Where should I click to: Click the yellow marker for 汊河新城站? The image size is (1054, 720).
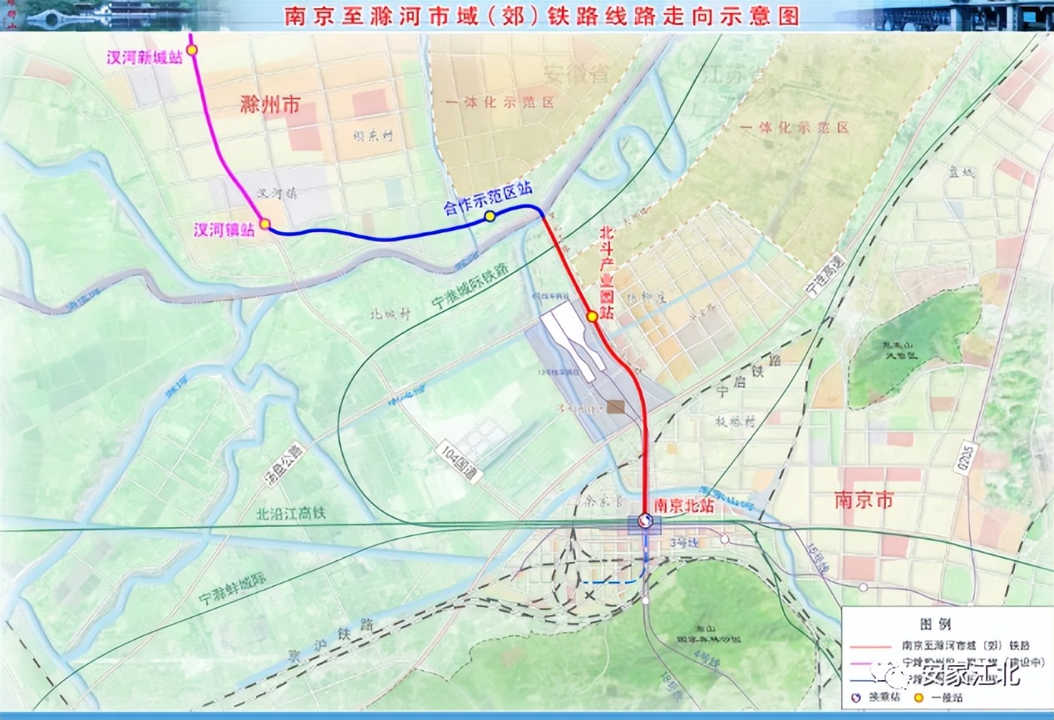pos(192,50)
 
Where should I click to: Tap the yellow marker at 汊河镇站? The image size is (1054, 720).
pos(264,224)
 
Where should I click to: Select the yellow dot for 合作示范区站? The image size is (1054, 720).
pos(490,216)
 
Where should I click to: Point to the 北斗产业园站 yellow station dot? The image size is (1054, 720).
pos(591,316)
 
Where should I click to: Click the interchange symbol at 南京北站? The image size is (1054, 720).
pos(644,520)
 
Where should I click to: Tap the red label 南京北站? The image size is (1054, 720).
pos(683,504)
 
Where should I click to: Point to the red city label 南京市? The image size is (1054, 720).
pos(864,501)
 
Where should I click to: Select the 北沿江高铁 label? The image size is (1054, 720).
pos(291,513)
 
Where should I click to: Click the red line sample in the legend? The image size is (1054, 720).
pos(869,644)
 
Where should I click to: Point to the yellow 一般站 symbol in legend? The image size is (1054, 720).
pos(919,698)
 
